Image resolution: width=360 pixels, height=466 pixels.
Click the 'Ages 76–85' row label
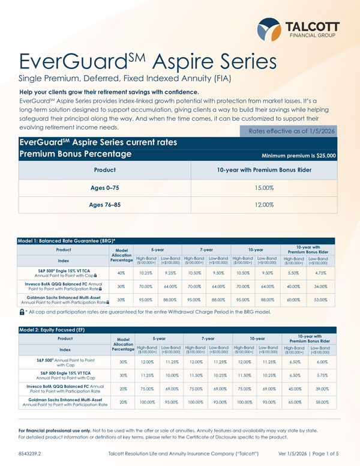point(106,205)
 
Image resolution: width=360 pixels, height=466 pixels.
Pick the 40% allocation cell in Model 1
point(122,273)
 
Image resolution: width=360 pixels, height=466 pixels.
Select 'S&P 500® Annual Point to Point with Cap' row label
point(65,362)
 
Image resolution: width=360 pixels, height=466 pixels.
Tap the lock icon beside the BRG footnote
point(22,312)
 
